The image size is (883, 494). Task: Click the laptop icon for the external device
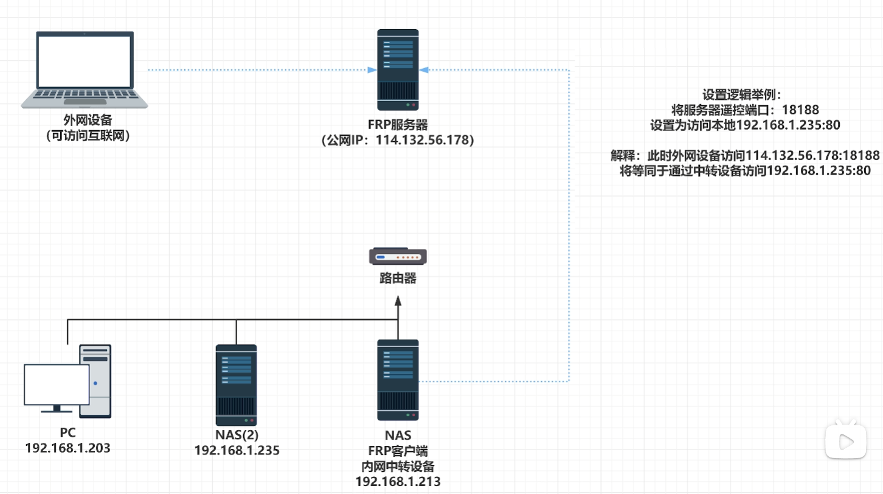click(85, 70)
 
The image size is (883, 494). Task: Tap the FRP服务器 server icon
click(398, 67)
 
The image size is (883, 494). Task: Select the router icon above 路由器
click(398, 256)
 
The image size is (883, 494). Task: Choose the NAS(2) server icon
click(236, 384)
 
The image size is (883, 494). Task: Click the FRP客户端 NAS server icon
click(398, 380)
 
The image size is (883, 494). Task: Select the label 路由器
click(398, 279)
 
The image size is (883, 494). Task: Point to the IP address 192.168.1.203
click(68, 448)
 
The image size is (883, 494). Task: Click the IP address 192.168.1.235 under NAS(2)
click(237, 450)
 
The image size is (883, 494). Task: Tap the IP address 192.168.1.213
click(398, 482)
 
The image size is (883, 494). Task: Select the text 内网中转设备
click(398, 467)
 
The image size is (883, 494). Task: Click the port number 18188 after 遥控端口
click(800, 110)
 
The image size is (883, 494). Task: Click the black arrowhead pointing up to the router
click(398, 301)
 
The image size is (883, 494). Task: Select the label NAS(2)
click(237, 435)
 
